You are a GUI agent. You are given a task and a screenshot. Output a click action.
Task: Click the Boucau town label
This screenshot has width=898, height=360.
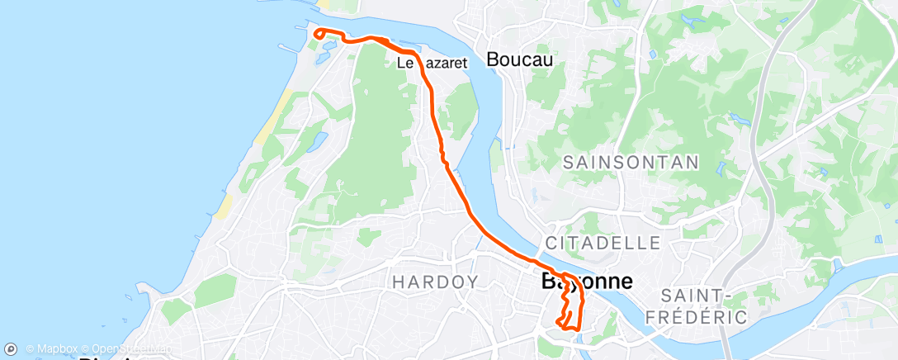[519, 59]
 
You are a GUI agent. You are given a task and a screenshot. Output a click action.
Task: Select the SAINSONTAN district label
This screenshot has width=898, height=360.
[631, 163]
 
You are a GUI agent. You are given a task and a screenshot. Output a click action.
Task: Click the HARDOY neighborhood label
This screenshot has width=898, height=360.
[435, 282]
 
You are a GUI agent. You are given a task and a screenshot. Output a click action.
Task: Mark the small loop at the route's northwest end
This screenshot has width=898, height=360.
[319, 34]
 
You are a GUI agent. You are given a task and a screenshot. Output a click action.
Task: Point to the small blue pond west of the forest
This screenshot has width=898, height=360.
[317, 141]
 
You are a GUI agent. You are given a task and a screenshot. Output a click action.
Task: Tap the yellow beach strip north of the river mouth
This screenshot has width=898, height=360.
[324, 5]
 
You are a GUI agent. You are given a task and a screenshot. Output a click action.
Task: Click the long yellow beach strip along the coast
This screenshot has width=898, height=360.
[276, 116]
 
